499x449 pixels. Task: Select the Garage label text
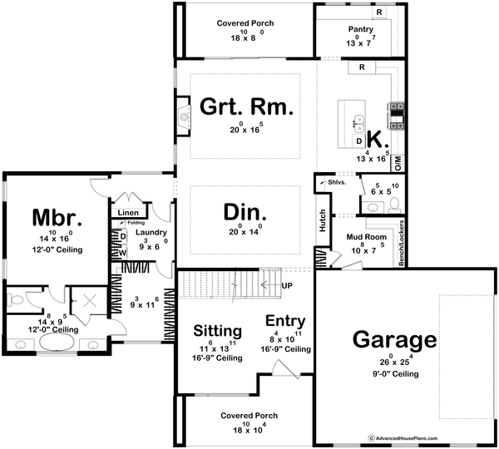coord(394,340)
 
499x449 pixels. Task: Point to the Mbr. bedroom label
coord(57,218)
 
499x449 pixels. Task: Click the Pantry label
coord(361,29)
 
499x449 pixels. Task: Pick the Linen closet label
coord(127,214)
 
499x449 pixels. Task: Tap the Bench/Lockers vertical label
coord(402,242)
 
